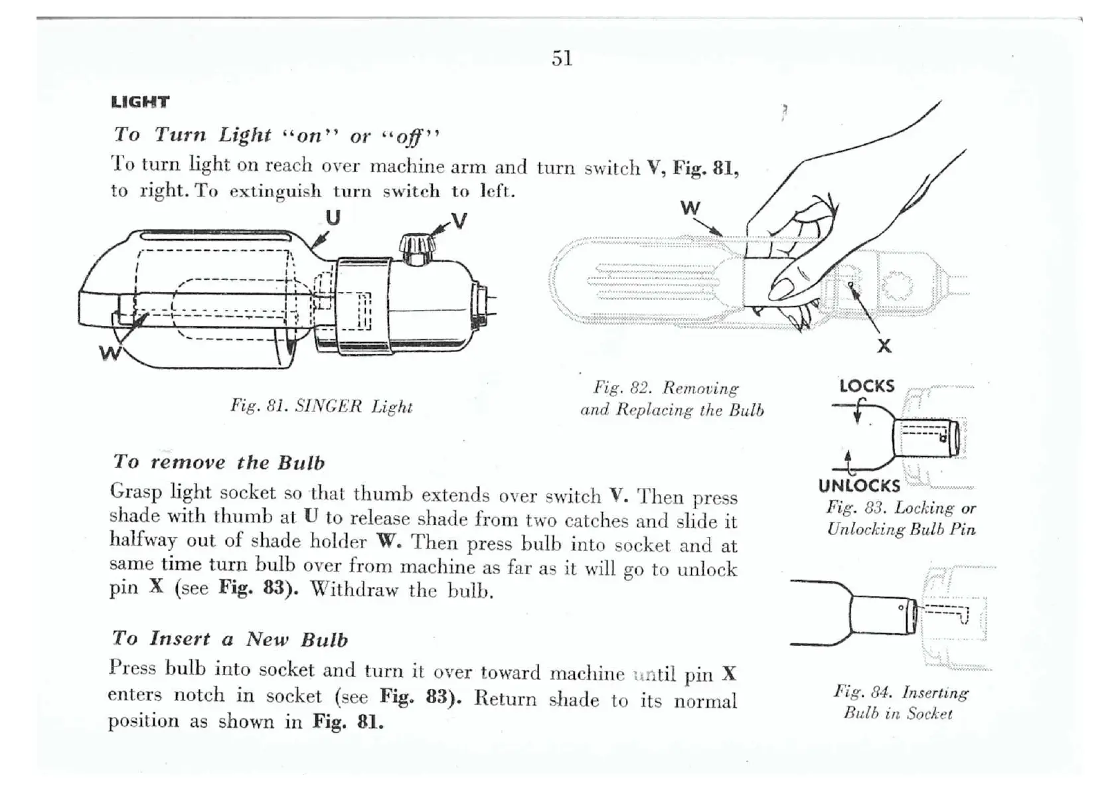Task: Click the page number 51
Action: coord(562,58)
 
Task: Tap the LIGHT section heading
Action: coord(140,102)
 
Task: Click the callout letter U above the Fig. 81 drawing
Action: coord(333,217)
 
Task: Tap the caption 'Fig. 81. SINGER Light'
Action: coord(321,406)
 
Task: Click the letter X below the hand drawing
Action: coord(884,346)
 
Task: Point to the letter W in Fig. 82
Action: coord(690,208)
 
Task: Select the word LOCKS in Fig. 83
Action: coord(866,386)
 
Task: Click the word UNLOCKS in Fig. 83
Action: coord(859,486)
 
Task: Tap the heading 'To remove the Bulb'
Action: coord(218,462)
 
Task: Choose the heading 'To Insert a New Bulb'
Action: coord(230,639)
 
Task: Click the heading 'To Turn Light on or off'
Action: coord(276,135)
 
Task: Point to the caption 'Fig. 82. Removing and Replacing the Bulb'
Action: coord(671,398)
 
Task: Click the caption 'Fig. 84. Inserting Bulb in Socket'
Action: coord(900,702)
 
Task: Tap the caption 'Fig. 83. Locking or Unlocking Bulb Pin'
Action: coord(901,518)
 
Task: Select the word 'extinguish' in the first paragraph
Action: coord(275,192)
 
